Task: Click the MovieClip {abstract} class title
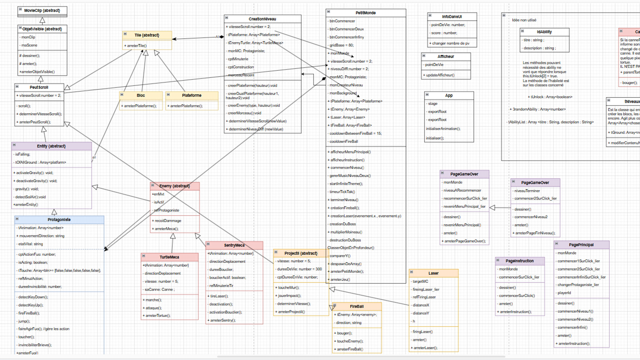pyautogui.click(x=42, y=10)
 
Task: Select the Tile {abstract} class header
pyautogui.click(x=147, y=35)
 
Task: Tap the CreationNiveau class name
pyautogui.click(x=262, y=19)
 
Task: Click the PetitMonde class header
pyautogui.click(x=365, y=13)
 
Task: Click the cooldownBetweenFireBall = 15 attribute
pyautogui.click(x=355, y=133)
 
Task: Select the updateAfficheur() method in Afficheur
pyautogui.click(x=440, y=75)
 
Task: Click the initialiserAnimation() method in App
pyautogui.click(x=443, y=129)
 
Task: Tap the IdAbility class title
pyautogui.click(x=544, y=32)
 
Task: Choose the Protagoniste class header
pyautogui.click(x=59, y=220)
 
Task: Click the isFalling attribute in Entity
pyautogui.click(x=23, y=154)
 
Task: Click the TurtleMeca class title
pyautogui.click(x=169, y=257)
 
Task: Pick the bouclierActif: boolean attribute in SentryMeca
pyautogui.click(x=227, y=278)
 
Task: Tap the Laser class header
pyautogui.click(x=433, y=273)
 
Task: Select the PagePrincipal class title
pyautogui.click(x=581, y=245)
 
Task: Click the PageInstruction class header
pyautogui.click(x=520, y=261)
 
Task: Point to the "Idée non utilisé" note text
pyautogui.click(x=524, y=20)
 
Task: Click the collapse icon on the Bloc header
pyautogui.click(x=122, y=94)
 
